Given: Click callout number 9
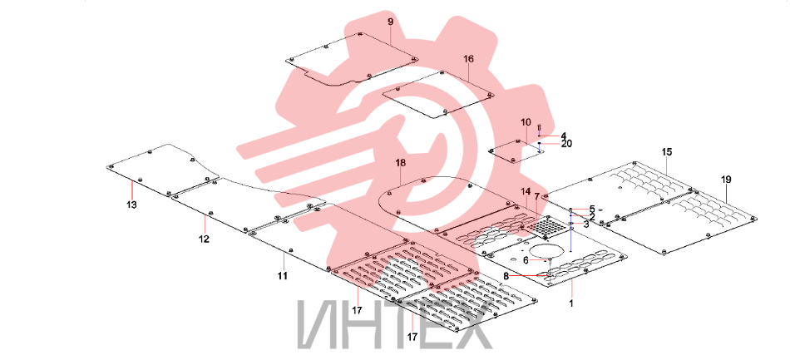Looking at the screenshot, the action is coord(391,22).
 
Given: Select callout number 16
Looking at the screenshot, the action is coord(468,59).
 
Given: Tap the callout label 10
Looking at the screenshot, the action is coord(526,122).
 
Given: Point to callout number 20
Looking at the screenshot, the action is coord(567,144).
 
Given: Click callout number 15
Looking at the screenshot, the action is coord(667,151).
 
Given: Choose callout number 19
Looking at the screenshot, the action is coord(726,180).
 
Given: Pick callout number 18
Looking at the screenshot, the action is coord(401,163).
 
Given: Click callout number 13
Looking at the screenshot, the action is coord(131,205).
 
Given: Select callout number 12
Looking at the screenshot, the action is coord(204,239).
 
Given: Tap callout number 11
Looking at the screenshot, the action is coord(282,275).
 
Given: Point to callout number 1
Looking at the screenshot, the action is coord(571,303).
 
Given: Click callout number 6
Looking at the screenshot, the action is coord(526,260).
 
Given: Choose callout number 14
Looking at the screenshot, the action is coord(526,191).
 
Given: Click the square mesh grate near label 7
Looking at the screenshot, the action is coord(546,228).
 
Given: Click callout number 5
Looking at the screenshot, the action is coord(592,208).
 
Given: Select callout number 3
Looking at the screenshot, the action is coord(586,224).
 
